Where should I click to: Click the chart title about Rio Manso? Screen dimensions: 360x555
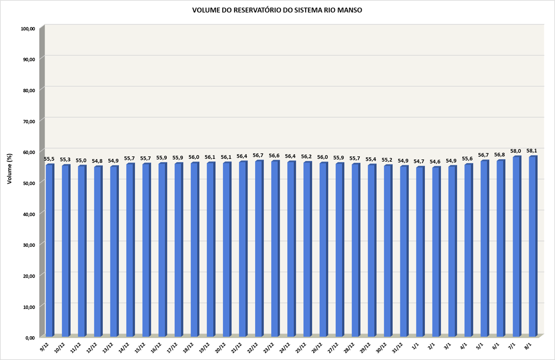click(277, 10)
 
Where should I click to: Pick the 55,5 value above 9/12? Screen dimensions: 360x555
click(49, 159)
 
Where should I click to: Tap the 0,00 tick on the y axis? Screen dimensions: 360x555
click(30, 338)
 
